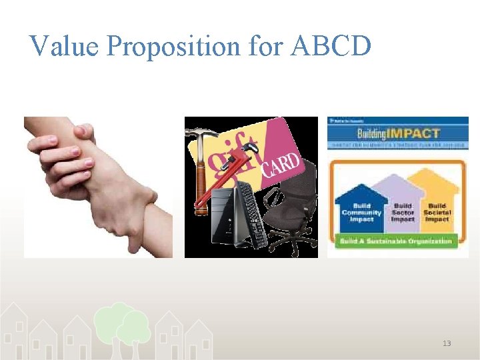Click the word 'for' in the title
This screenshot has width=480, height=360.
(266, 46)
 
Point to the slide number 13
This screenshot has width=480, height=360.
(446, 343)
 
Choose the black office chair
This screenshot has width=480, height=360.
(290, 213)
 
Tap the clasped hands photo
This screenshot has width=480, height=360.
(98, 187)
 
